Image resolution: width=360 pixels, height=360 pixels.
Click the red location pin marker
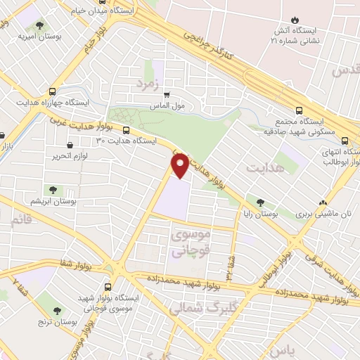180,165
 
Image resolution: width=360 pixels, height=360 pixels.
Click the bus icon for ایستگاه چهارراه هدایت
52,91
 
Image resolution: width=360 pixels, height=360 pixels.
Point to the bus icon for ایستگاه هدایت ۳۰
126,130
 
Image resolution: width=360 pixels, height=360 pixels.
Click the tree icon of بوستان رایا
261,202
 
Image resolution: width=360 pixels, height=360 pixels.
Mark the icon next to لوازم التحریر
57,150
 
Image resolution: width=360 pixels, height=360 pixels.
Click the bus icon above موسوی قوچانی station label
107,287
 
